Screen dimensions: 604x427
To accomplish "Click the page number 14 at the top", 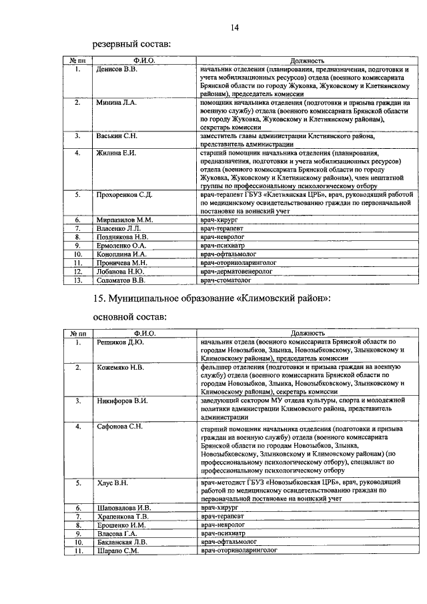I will point(234,27).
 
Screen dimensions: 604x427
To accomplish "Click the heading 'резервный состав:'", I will point(131,45).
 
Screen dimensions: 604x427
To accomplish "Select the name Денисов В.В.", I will point(115,69).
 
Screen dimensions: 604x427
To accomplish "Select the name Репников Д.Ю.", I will point(118,342).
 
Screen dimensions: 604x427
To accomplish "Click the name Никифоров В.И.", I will point(121,400).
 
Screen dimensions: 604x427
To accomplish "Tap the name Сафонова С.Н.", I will point(119,426).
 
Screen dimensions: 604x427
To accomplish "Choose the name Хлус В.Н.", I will point(111,481).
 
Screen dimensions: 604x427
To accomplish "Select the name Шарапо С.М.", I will point(115,551).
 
